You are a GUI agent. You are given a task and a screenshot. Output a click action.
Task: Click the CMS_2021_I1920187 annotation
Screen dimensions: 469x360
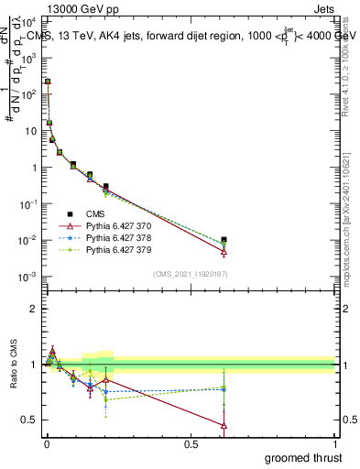click(191, 274)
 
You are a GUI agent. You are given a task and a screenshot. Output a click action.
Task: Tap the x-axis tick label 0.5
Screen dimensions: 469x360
click(191, 444)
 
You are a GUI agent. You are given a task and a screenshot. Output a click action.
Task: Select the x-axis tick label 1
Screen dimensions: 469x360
click(334, 444)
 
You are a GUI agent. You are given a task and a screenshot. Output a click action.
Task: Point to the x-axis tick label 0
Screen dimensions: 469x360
click(47, 444)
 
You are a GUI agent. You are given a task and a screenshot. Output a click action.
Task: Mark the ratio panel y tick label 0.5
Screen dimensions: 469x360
click(29, 420)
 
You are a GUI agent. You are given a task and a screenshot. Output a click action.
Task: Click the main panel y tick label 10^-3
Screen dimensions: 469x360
click(27, 277)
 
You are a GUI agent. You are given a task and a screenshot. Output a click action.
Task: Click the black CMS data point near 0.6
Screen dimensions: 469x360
click(224, 240)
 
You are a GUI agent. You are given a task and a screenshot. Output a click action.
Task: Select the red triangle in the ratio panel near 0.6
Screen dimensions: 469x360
click(224, 425)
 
